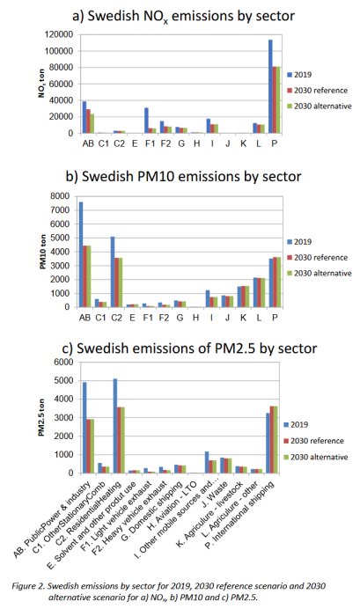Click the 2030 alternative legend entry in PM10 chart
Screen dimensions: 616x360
point(321,274)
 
